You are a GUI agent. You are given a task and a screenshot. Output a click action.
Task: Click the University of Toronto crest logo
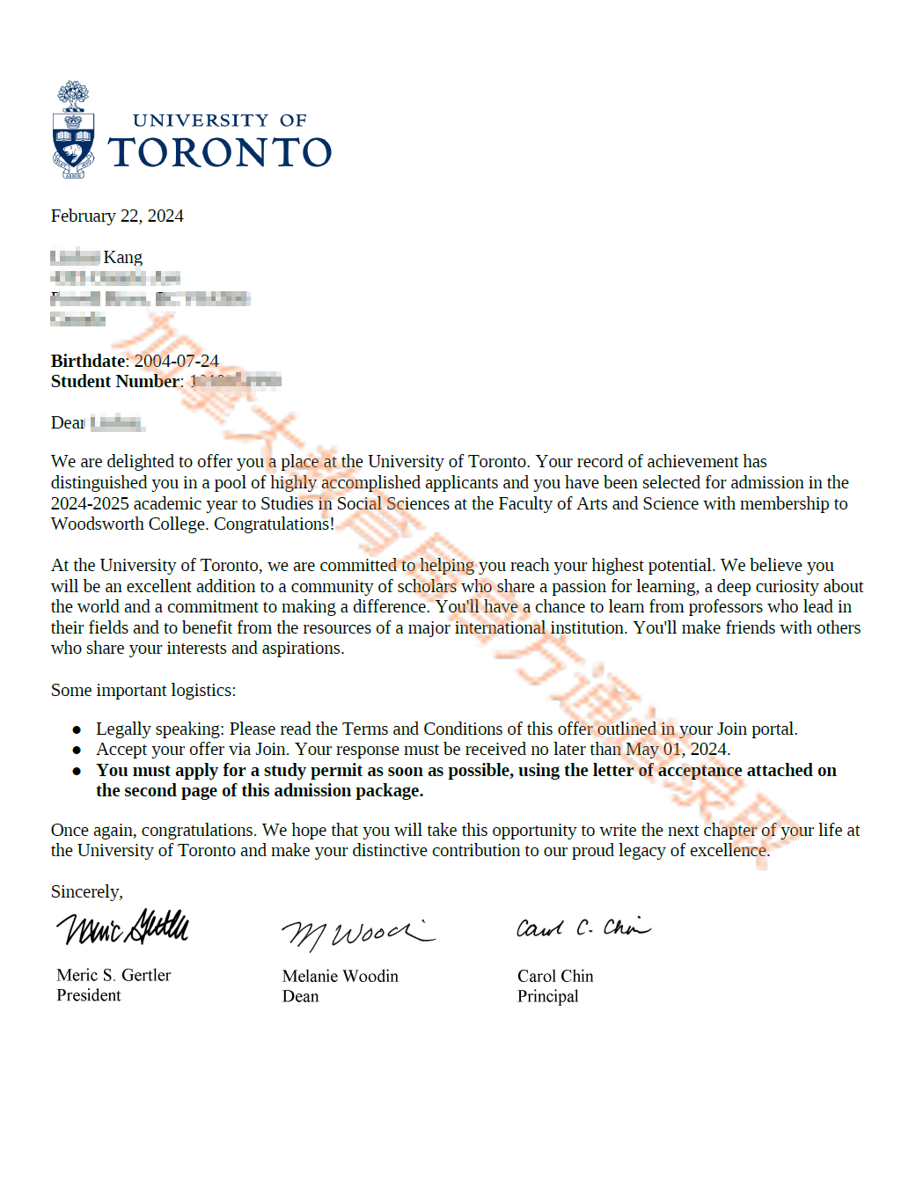click(x=74, y=132)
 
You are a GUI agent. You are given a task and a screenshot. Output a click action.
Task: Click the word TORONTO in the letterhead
click(x=220, y=153)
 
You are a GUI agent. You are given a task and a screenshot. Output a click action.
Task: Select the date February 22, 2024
click(x=117, y=216)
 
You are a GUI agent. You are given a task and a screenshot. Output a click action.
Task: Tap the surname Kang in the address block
click(x=123, y=258)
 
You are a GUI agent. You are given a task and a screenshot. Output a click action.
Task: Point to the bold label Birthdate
click(x=88, y=362)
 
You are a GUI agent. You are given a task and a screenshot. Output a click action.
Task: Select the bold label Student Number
click(x=115, y=382)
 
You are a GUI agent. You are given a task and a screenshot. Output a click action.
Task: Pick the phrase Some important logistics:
click(x=143, y=691)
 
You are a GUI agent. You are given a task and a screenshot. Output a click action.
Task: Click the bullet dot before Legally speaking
click(x=77, y=729)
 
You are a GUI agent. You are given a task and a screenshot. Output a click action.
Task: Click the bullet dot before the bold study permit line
click(x=77, y=771)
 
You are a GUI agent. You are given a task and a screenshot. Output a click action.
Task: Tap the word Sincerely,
click(x=87, y=892)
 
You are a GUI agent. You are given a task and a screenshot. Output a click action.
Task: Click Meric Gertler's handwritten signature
click(x=123, y=927)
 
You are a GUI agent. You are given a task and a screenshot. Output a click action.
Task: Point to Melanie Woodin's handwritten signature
click(x=356, y=934)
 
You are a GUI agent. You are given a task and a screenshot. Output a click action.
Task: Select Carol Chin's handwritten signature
click(x=583, y=928)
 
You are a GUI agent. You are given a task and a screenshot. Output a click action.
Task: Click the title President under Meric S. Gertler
click(x=89, y=996)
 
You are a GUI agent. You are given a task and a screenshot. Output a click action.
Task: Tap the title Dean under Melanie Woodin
click(x=301, y=997)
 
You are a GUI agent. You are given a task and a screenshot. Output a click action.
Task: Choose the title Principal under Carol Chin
click(x=548, y=997)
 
